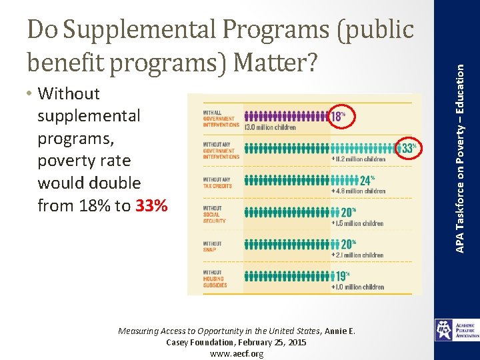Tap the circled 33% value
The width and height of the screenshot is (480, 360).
pos(407,148)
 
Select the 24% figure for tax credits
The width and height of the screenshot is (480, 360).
pos(366,180)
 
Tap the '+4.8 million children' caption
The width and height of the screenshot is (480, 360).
pos(358,191)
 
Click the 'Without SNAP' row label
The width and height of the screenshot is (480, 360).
pos(214,247)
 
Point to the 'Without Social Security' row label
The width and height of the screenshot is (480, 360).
pos(215,215)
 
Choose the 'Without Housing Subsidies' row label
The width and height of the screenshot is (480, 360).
pos(216,279)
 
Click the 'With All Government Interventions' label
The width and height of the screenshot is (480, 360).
pos(221,119)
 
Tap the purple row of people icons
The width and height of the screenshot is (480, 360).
pos(287,115)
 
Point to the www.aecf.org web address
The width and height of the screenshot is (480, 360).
pos(237,353)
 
